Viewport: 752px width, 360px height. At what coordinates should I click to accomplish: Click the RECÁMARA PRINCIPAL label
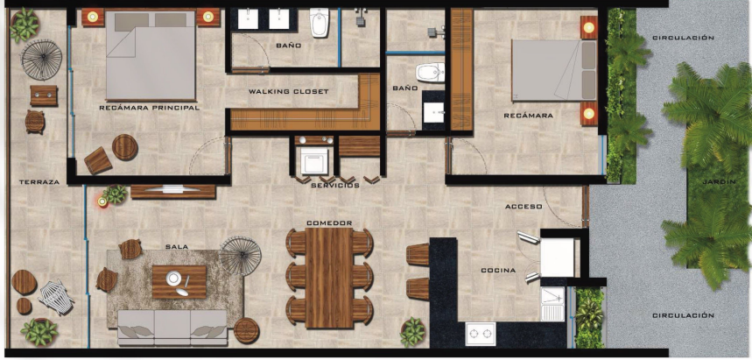(x=149, y=108)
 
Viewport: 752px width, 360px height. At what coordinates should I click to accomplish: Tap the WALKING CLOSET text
(x=289, y=91)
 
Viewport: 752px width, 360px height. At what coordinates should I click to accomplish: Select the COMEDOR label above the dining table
(x=329, y=222)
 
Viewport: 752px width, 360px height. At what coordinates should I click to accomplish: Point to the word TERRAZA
(x=39, y=182)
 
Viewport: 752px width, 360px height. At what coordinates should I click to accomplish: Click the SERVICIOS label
(x=335, y=185)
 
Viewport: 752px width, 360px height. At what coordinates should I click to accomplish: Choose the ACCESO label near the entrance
(x=524, y=207)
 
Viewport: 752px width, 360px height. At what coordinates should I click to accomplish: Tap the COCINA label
(x=498, y=271)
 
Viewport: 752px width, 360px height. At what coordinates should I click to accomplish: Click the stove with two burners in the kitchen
(x=481, y=334)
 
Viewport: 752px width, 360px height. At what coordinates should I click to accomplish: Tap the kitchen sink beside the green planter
(x=552, y=304)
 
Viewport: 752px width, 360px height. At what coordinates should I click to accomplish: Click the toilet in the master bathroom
(x=320, y=22)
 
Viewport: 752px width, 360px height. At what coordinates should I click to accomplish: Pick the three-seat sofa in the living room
(x=172, y=328)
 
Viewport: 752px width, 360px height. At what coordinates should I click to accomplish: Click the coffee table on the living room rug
(x=179, y=282)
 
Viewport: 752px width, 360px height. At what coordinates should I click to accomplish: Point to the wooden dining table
(x=329, y=278)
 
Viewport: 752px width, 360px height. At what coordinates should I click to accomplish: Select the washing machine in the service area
(x=314, y=161)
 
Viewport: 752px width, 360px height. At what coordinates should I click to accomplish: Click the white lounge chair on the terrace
(x=56, y=297)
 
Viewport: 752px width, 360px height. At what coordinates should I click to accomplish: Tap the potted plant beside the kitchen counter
(x=413, y=332)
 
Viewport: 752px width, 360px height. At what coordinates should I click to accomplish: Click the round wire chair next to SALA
(x=240, y=256)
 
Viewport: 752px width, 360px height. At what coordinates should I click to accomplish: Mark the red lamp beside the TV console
(x=102, y=201)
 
